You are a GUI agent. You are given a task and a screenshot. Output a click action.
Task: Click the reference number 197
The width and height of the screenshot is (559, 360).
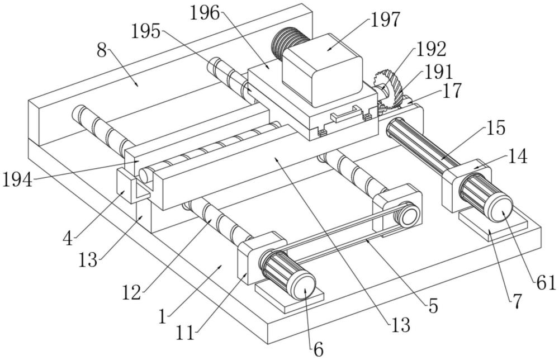coord(386,20)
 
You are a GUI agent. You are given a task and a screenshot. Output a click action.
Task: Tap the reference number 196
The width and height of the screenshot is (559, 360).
coord(204,13)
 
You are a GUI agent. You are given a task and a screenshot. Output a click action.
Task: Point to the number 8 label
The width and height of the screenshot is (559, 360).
coord(101,51)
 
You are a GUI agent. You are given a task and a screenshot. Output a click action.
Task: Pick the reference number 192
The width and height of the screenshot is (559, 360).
coord(431,50)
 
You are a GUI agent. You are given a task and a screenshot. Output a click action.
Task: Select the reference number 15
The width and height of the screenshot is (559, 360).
coord(495,127)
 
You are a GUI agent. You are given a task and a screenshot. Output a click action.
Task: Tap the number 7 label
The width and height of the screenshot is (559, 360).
coord(517,302)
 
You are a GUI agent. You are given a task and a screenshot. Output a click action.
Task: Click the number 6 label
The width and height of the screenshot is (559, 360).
coord(318,349)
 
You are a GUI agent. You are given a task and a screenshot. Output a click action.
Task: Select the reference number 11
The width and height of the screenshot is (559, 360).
coord(185,334)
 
